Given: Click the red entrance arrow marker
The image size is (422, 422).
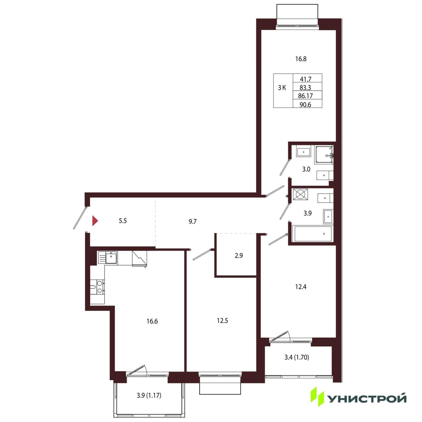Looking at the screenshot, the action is [x=95, y=221].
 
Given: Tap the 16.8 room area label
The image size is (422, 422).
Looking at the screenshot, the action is [x=301, y=59].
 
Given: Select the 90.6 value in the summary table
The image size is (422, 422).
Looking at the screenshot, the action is [x=306, y=104].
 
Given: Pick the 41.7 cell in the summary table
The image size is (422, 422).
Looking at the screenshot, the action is [x=306, y=79].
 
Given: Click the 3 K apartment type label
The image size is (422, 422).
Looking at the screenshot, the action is [x=282, y=88].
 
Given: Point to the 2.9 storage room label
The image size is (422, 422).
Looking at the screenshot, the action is [x=239, y=256].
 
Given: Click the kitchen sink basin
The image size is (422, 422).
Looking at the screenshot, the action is [x=111, y=258].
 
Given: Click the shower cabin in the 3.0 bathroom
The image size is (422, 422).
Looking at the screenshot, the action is [x=324, y=155].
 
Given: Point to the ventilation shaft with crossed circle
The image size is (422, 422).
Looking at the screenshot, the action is [x=300, y=194].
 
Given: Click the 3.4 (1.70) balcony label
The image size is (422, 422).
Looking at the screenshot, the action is [x=297, y=357].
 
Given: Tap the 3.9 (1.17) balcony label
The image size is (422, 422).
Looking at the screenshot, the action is [x=149, y=395].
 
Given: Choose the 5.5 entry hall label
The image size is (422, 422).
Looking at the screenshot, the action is [x=123, y=221].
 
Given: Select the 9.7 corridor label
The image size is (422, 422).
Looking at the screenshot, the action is [x=193, y=221].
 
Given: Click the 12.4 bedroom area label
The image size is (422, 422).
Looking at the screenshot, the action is [x=301, y=287].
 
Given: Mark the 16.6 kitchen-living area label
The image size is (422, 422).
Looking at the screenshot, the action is [x=152, y=321].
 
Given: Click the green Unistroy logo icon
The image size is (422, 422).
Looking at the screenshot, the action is [x=317, y=397].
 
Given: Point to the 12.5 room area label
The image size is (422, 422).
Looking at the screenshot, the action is [x=222, y=321].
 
